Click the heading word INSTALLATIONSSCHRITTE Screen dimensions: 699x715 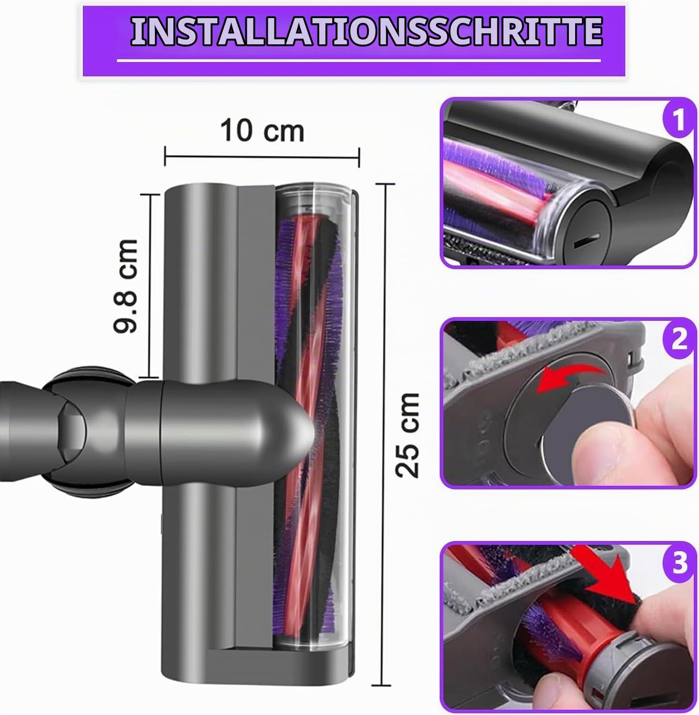coord(366,32)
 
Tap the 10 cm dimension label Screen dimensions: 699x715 coord(262,131)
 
